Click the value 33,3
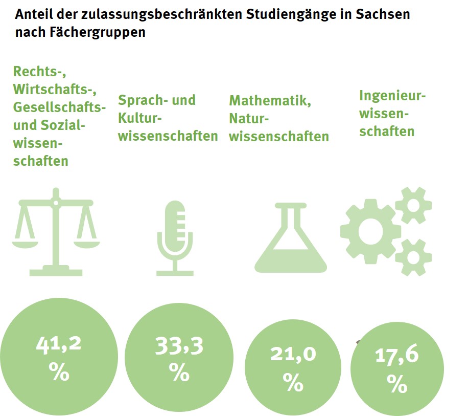tap(179, 346)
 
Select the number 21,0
tap(293, 355)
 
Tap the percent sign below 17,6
tap(397, 383)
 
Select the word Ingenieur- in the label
tap(392, 96)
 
